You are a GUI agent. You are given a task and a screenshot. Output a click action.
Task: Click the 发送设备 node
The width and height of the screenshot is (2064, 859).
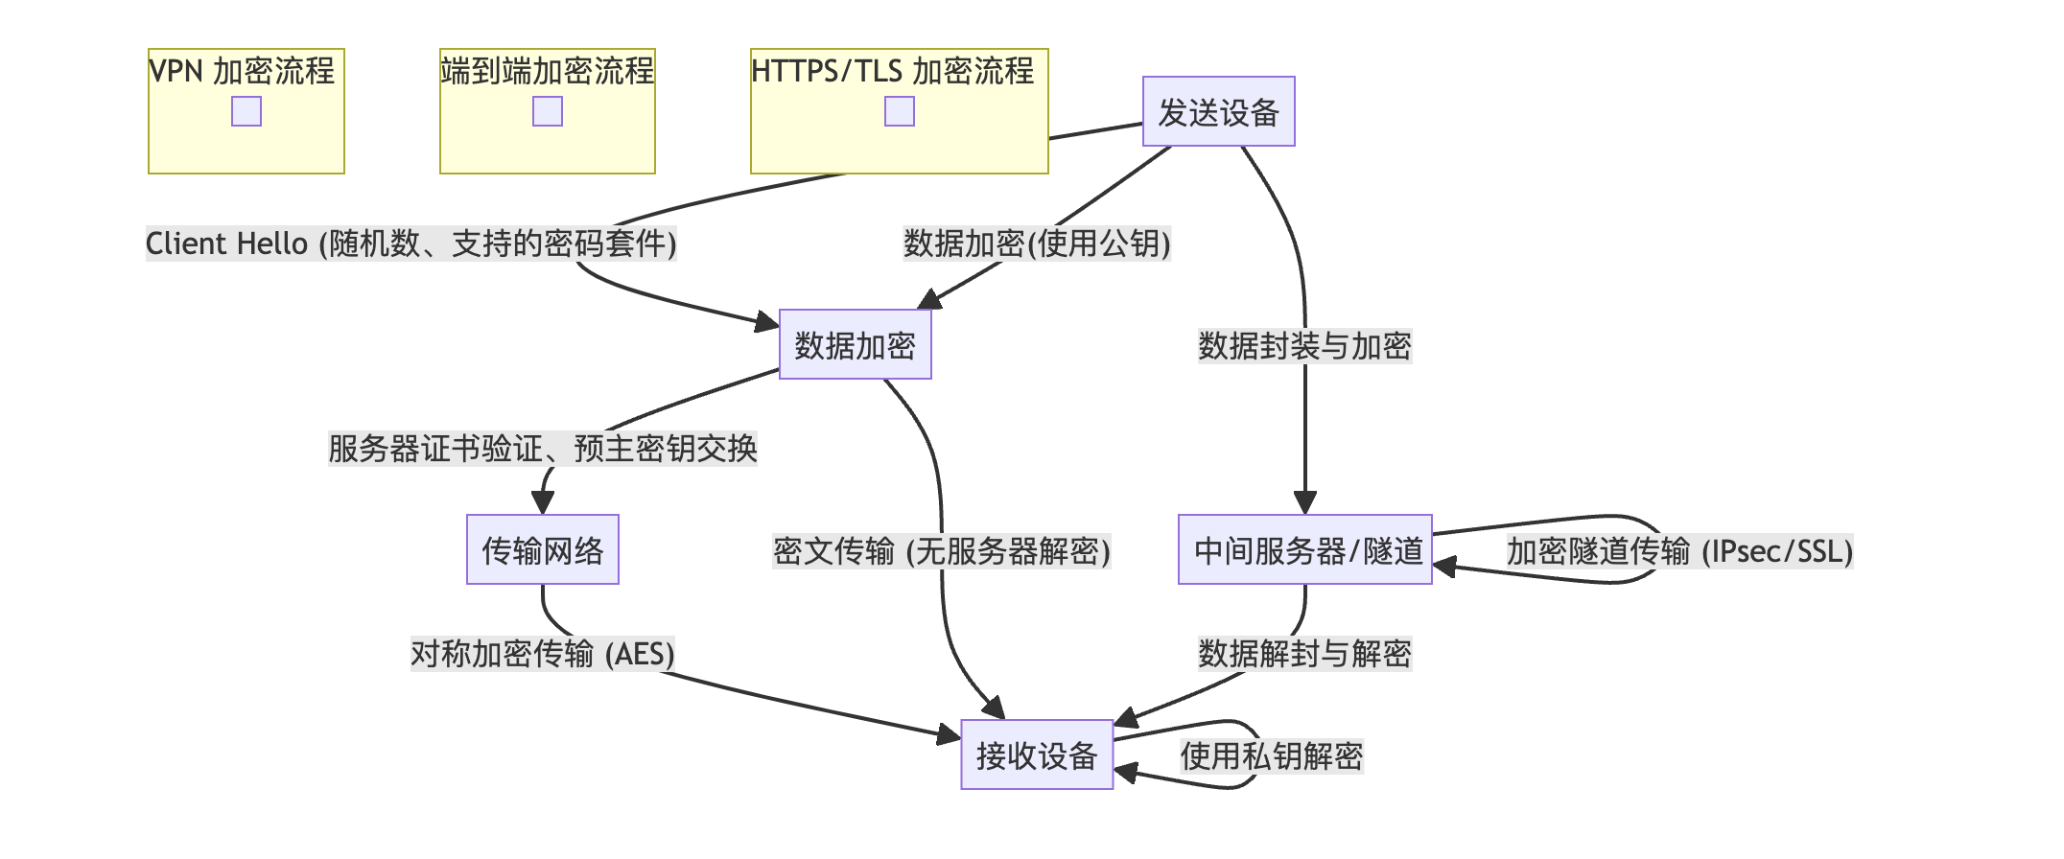1218,112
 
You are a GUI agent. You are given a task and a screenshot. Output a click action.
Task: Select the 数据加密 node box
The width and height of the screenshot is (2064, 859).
855,345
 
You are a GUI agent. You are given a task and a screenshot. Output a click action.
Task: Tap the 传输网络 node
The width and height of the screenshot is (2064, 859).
542,550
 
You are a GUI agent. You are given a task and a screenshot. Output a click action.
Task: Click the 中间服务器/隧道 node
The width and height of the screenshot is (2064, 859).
1304,550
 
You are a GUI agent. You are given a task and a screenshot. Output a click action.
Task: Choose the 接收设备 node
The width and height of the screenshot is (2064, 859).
1037,755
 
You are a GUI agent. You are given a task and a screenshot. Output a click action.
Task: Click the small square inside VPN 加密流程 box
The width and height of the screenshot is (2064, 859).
246,111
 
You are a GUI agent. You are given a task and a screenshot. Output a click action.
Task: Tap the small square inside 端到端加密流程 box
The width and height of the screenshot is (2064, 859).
548,111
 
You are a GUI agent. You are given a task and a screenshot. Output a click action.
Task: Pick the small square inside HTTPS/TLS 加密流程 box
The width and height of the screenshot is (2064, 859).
899,111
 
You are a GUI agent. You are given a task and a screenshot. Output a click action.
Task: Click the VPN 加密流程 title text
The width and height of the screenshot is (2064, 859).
242,71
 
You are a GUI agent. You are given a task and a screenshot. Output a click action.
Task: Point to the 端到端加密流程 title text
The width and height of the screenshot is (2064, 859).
547,71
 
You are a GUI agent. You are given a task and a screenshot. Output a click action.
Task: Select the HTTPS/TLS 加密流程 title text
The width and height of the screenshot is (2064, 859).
892,71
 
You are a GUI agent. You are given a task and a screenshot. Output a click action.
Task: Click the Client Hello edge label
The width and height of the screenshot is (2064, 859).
410,244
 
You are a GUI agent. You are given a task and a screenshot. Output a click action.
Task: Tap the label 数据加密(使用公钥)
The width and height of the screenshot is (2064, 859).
1037,244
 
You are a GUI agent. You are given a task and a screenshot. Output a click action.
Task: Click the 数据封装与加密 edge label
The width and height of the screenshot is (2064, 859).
1304,346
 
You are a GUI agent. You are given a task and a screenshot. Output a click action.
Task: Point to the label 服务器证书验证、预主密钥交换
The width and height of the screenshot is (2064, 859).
542,449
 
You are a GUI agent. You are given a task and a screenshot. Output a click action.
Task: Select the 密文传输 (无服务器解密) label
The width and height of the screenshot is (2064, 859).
941,551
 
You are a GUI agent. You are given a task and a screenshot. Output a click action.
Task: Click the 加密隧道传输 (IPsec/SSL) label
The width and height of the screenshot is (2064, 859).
1679,551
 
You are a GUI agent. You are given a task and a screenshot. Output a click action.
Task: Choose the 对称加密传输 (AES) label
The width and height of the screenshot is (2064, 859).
542,654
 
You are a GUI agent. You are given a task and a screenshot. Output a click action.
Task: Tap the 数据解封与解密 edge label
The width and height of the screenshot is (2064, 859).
1304,654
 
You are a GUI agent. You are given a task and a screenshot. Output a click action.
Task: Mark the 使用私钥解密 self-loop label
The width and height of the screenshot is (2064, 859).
1271,756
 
